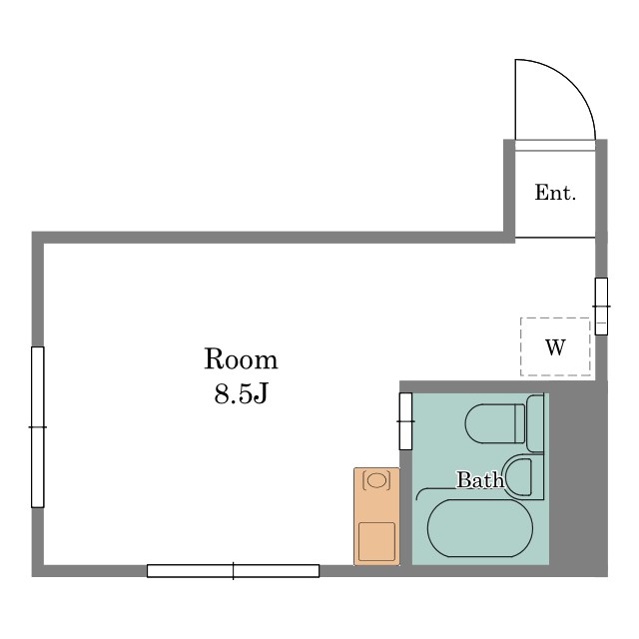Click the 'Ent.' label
(x=555, y=193)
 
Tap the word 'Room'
(x=241, y=359)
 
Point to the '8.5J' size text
(x=241, y=393)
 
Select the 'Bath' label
(x=480, y=479)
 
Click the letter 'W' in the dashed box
(x=555, y=347)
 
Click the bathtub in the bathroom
(x=479, y=528)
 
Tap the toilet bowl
(x=495, y=423)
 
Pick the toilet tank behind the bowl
(x=535, y=423)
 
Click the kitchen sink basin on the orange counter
(x=376, y=479)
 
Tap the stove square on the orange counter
(x=376, y=541)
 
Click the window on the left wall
(x=38, y=427)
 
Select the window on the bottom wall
(x=233, y=570)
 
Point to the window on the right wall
(x=601, y=307)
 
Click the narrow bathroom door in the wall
(x=405, y=421)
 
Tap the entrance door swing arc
(x=572, y=83)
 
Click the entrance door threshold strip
(x=555, y=146)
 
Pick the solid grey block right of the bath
(x=578, y=479)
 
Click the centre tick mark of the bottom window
(x=233, y=570)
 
